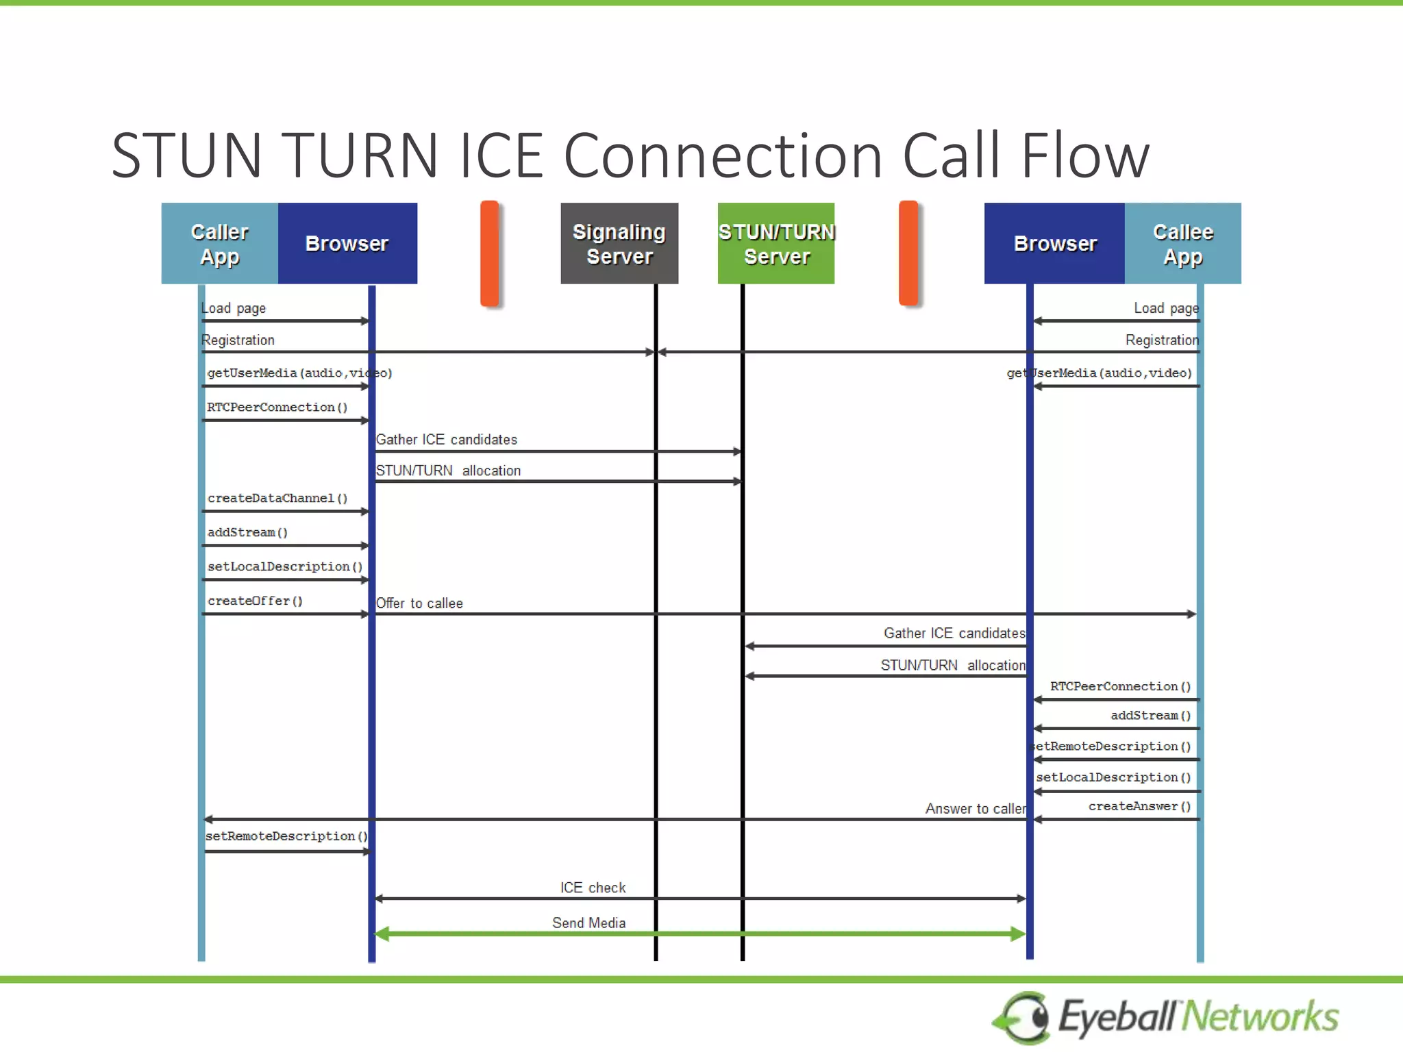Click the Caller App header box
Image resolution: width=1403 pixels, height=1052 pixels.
coord(219,244)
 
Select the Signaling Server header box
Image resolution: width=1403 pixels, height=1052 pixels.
coord(619,244)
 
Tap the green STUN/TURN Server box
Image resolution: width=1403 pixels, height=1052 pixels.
coord(776,244)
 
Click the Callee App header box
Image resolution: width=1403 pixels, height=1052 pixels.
coord(1182,244)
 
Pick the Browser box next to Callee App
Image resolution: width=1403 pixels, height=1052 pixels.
coord(1054,244)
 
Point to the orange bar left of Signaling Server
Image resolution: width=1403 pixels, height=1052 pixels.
coord(490,253)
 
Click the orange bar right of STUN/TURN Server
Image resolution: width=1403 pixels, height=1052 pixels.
coord(908,253)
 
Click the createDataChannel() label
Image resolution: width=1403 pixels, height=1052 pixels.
coord(277,499)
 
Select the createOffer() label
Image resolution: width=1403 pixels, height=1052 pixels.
coord(255,601)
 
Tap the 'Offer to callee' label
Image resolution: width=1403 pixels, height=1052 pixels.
coord(419,603)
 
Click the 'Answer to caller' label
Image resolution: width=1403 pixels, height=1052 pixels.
coord(976,809)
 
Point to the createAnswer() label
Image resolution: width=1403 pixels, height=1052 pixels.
coord(1139,807)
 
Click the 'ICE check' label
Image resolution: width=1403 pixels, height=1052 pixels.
coord(593,888)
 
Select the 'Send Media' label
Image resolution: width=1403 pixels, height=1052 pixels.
coord(588,923)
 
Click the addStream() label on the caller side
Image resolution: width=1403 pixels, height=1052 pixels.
coord(247,533)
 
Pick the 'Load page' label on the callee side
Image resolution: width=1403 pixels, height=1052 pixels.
coord(1166,308)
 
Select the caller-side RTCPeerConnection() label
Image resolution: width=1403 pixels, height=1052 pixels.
coord(277,408)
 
